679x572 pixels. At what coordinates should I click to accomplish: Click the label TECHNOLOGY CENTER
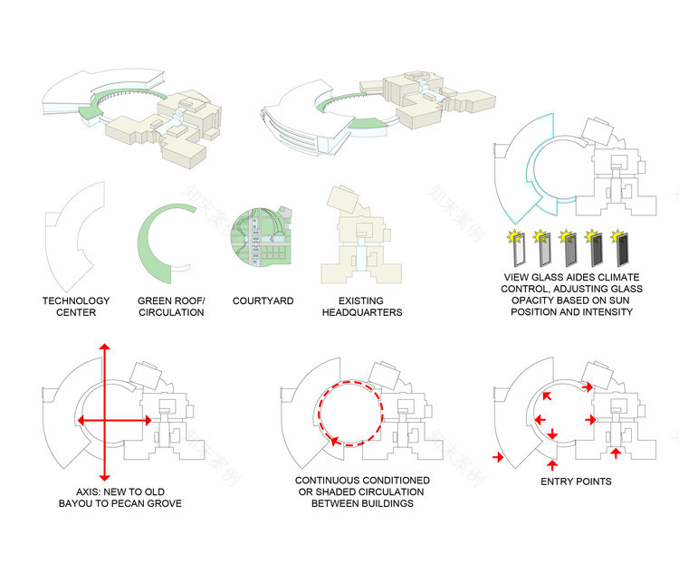tap(76, 306)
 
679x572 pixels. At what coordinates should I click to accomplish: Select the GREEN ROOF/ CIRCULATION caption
tap(171, 306)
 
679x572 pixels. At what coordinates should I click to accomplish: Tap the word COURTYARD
tap(263, 300)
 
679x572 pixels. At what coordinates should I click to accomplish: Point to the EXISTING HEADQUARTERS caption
tap(362, 306)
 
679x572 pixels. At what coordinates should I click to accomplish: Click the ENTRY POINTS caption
tap(576, 481)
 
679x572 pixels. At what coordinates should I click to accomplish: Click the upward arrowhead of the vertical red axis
tap(104, 347)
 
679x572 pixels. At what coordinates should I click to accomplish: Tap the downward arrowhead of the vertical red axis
tap(104, 478)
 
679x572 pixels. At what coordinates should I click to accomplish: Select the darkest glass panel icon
tap(622, 249)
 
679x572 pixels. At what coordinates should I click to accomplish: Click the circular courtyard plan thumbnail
tap(261, 237)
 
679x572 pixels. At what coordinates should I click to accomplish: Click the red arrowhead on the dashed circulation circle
tap(334, 441)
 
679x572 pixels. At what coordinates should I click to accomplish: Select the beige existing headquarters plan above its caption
tap(361, 235)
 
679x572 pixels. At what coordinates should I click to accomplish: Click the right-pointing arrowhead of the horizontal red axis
tap(148, 420)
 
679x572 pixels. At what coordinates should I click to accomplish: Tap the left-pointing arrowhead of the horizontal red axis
tap(80, 420)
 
